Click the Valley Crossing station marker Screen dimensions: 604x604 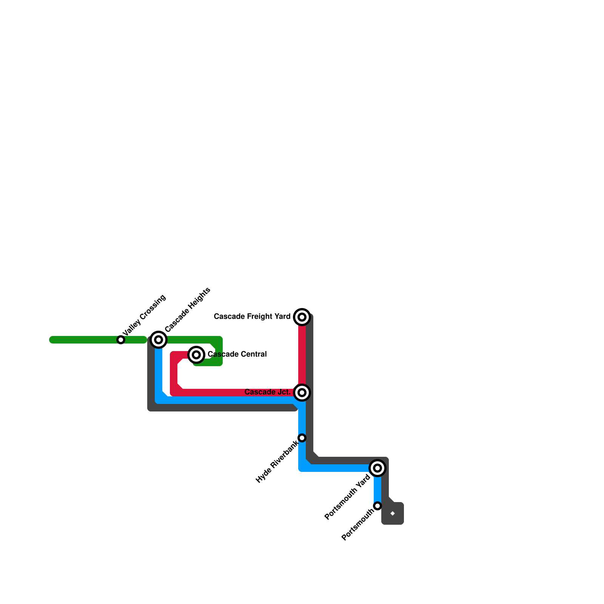click(121, 340)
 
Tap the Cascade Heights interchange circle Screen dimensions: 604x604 click(159, 340)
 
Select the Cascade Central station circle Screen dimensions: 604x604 click(196, 354)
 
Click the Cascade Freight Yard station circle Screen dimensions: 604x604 click(302, 317)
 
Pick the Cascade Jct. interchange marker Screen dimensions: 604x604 click(302, 393)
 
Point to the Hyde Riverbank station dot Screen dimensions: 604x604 click(302, 438)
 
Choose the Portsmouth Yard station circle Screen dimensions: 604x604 click(377, 468)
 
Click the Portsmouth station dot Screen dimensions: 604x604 click(377, 506)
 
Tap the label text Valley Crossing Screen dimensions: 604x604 click(144, 315)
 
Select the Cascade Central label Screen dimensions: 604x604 click(237, 354)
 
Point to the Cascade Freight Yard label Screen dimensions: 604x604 click(252, 316)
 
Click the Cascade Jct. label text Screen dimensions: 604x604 click(267, 392)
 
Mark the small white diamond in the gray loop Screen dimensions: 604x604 click(393, 513)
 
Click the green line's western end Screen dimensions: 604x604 click(52, 340)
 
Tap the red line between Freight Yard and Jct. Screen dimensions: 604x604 click(302, 355)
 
